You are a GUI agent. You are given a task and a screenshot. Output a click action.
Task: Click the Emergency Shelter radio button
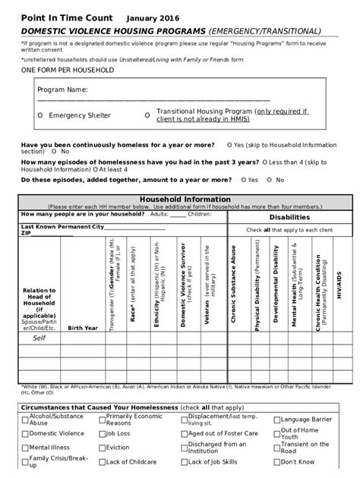(x=39, y=115)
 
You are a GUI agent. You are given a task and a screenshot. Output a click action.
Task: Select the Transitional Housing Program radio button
(x=147, y=115)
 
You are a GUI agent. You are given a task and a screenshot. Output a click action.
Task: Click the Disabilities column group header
(x=289, y=216)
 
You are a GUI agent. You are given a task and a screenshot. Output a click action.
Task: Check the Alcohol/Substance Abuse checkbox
(x=25, y=419)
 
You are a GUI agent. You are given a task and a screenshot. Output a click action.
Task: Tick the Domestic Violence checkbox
(x=25, y=433)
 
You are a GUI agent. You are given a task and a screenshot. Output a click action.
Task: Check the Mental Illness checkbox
(x=25, y=448)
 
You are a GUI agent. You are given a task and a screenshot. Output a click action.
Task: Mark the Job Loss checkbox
(x=102, y=433)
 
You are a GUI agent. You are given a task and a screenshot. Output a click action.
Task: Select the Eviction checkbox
(x=102, y=448)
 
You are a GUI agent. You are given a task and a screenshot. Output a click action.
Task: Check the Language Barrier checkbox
(x=276, y=419)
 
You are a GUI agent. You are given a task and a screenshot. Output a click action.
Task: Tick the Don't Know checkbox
(x=276, y=461)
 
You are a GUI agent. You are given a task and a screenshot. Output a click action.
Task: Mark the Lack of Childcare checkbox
(x=102, y=461)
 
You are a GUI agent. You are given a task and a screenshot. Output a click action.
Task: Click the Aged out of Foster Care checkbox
(x=184, y=433)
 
